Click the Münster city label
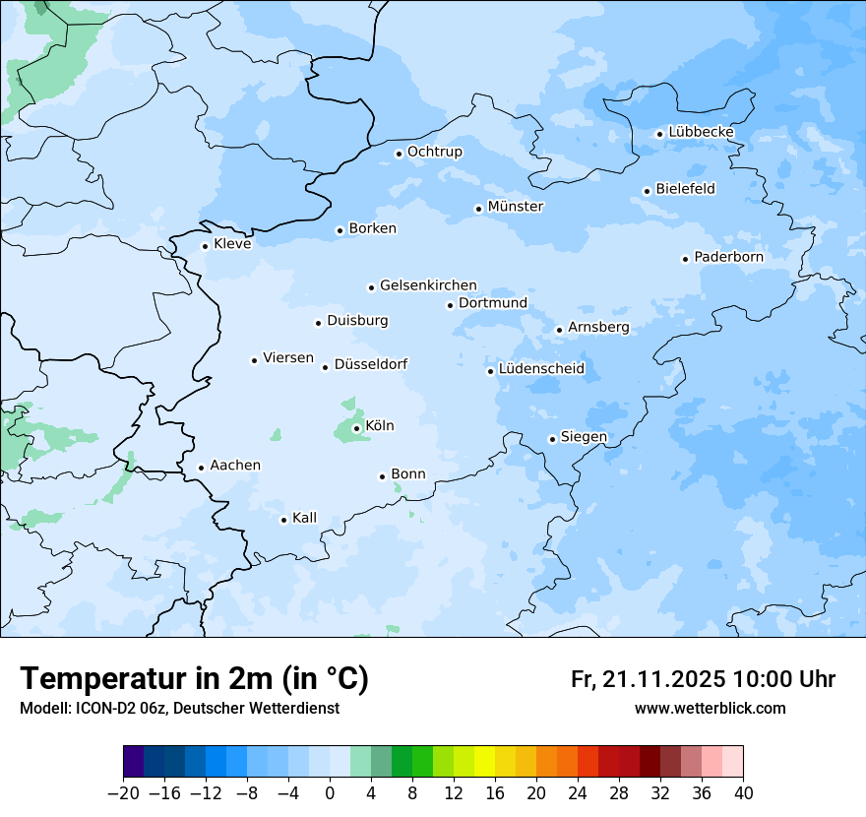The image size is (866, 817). [x=516, y=207]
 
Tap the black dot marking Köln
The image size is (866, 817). [x=356, y=428]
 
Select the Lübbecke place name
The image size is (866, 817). [x=701, y=132]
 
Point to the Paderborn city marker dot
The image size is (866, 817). [x=685, y=259]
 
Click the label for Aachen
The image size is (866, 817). [x=235, y=466]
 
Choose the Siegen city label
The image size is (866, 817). [x=584, y=437]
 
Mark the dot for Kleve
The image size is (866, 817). [x=205, y=246]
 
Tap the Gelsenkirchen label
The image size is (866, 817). [x=428, y=285]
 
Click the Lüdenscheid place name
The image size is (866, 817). [x=541, y=369]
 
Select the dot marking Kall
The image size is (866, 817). [x=283, y=520]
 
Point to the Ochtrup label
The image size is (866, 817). [x=434, y=152]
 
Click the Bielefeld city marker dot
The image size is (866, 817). [x=647, y=191]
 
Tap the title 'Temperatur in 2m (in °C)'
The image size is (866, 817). [x=194, y=678]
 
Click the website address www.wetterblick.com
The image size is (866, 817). [x=710, y=709]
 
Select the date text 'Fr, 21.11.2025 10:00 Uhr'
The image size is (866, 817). [x=703, y=679]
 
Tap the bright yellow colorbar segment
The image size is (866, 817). [x=484, y=763]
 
